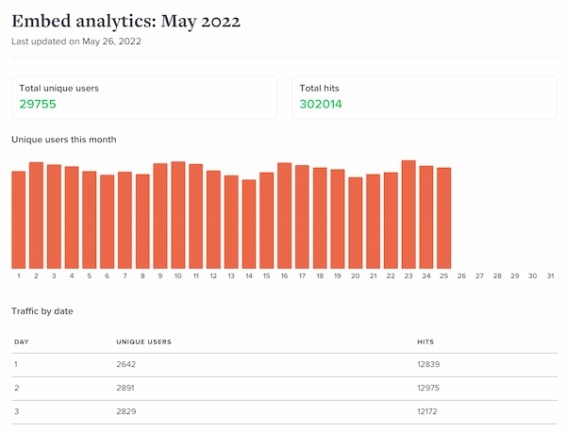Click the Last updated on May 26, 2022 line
pos(76,42)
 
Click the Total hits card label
pos(321,88)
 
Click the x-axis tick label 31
pos(550,276)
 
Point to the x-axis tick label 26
pos(461,276)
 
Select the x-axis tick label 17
pos(302,276)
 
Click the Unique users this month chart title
pos(64,140)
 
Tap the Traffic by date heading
pos(42,310)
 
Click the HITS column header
pos(425,341)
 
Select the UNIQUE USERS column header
pos(143,341)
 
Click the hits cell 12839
pos(428,364)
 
